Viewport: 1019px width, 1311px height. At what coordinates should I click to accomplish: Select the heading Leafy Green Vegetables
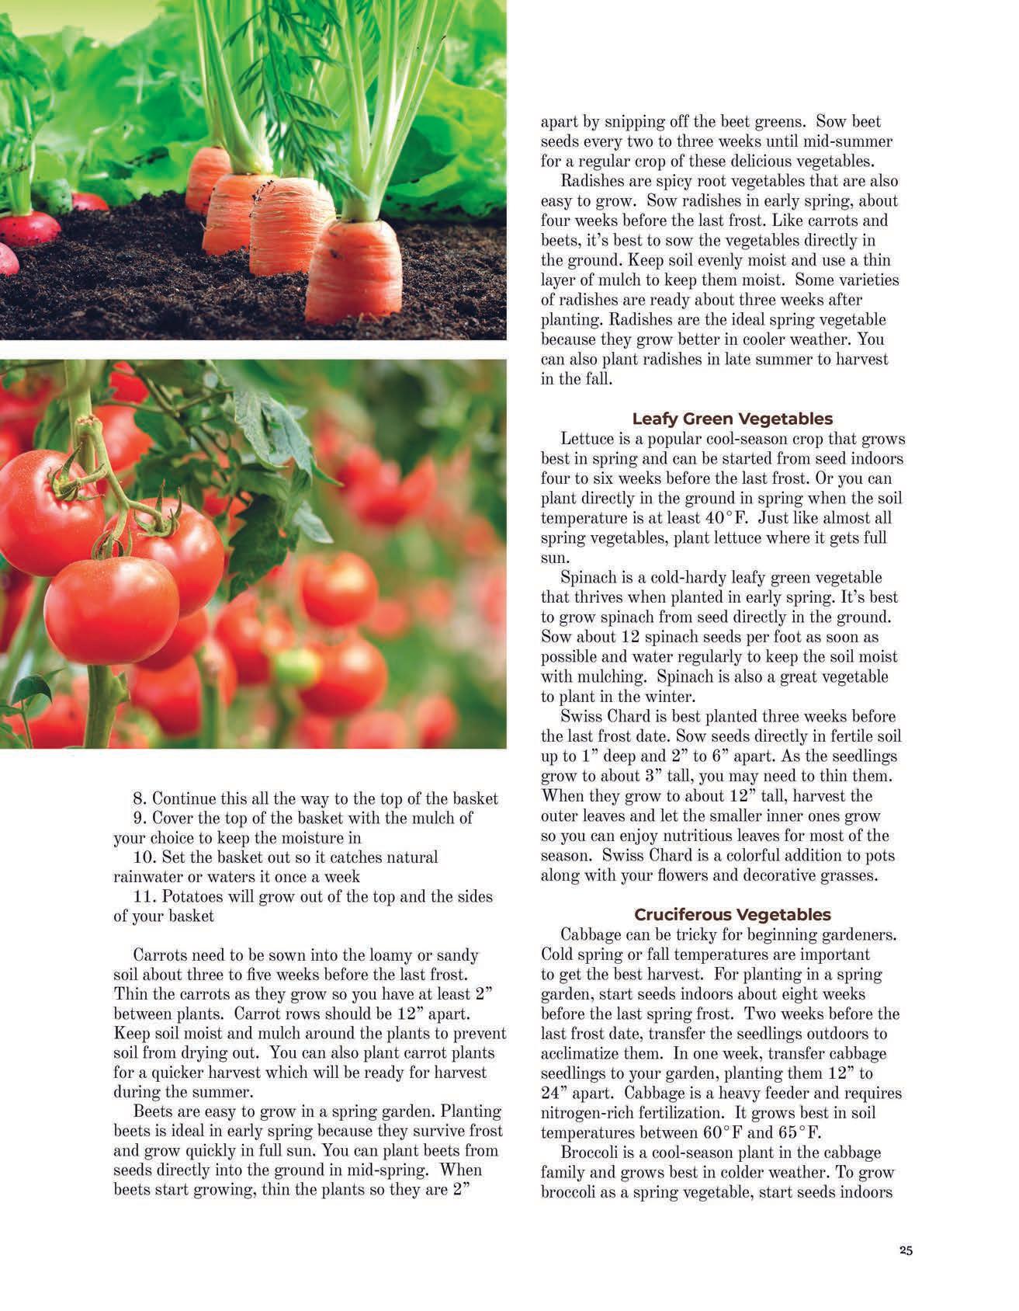(732, 419)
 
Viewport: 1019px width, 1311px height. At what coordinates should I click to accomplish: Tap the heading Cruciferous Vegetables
(732, 914)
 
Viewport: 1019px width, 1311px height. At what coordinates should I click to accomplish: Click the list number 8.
(140, 798)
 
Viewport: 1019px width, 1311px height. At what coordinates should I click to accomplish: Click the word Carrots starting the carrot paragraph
(160, 955)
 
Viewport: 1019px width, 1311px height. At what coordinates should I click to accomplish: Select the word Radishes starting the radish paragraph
(589, 181)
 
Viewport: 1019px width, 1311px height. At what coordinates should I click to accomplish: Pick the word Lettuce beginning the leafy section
(585, 439)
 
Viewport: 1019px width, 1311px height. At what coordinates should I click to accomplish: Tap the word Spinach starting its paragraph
(587, 578)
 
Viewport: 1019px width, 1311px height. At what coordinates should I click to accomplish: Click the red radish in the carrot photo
(29, 228)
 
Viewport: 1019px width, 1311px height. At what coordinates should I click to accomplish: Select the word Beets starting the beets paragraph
(154, 1111)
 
